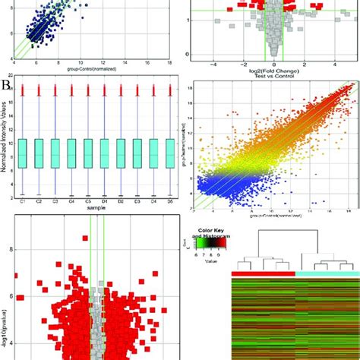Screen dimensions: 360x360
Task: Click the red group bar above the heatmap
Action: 261,273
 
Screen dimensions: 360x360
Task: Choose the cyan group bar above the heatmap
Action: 326,273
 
